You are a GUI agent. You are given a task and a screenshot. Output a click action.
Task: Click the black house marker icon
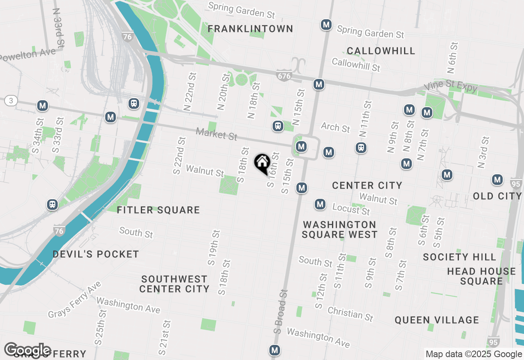(x=262, y=163)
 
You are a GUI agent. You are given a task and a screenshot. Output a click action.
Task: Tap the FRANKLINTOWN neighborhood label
(x=250, y=29)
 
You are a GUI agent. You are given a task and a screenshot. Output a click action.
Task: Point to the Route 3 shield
(x=11, y=101)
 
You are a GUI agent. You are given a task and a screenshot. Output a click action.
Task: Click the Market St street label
(x=216, y=134)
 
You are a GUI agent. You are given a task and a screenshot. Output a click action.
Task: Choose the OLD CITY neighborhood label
(x=497, y=196)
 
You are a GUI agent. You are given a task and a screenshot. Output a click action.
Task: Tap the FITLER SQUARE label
(x=158, y=210)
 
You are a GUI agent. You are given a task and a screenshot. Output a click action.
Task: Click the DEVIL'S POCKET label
(x=96, y=254)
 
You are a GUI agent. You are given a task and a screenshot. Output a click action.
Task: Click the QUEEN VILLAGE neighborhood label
(x=436, y=320)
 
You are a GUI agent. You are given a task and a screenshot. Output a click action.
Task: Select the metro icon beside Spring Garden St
(x=326, y=25)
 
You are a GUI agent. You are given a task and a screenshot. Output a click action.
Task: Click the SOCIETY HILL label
(x=459, y=257)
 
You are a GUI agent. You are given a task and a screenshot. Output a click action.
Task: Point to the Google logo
(x=27, y=350)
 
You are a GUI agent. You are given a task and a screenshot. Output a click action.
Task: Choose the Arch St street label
(x=335, y=127)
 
